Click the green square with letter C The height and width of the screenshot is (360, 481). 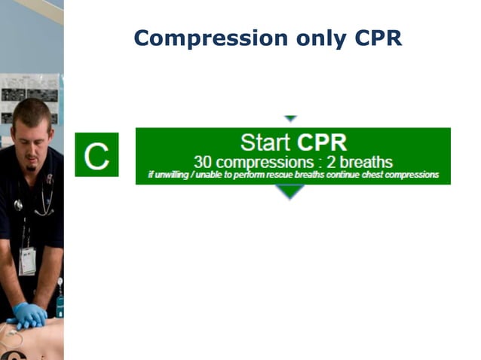[97, 155]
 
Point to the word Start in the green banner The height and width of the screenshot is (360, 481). [266, 142]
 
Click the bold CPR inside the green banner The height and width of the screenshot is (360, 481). [322, 142]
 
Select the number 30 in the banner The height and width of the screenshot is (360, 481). [203, 161]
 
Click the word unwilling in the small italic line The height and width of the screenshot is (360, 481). [171, 175]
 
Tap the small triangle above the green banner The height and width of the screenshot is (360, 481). [290, 119]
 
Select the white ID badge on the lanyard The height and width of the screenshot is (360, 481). [27, 261]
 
